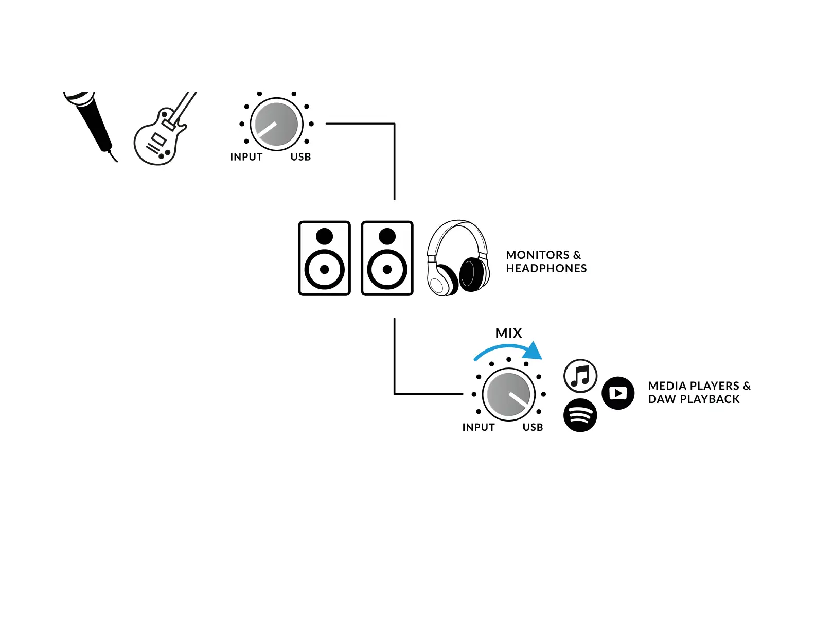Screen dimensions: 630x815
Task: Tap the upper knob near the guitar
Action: pyautogui.click(x=276, y=124)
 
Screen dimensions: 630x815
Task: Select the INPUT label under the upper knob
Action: pyautogui.click(x=246, y=157)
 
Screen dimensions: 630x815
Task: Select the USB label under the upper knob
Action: pyautogui.click(x=300, y=157)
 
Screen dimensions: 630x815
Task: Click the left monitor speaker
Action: pyautogui.click(x=324, y=258)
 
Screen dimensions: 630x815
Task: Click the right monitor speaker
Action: pyautogui.click(x=387, y=258)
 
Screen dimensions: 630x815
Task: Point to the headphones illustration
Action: pyautogui.click(x=457, y=259)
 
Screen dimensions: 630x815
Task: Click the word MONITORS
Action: pyautogui.click(x=538, y=255)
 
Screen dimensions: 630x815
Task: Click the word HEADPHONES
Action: pyautogui.click(x=546, y=268)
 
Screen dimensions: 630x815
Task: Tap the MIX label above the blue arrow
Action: pyautogui.click(x=508, y=333)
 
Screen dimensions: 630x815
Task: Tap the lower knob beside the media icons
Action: pyautogui.click(x=508, y=394)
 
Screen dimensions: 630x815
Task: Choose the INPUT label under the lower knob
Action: pyautogui.click(x=478, y=427)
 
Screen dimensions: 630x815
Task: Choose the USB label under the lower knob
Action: pyautogui.click(x=533, y=427)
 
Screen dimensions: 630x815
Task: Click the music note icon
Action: pyautogui.click(x=580, y=376)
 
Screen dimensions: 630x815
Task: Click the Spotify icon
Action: pyautogui.click(x=580, y=415)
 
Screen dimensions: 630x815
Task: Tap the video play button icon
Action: pyautogui.click(x=618, y=393)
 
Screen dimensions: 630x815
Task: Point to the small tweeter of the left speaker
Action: pyautogui.click(x=324, y=237)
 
